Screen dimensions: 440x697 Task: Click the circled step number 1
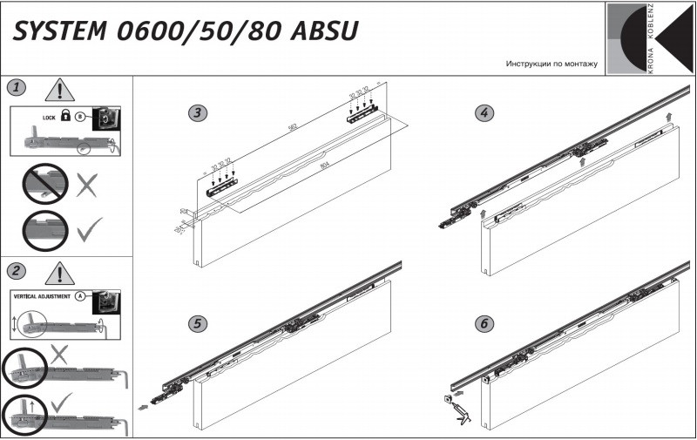click(x=17, y=87)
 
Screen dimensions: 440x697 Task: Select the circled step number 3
click(x=200, y=113)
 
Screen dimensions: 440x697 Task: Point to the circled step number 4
click(x=484, y=113)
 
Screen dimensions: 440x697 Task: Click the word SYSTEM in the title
click(x=58, y=31)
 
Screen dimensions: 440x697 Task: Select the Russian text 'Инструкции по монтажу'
click(x=551, y=65)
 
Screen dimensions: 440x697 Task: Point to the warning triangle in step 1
click(x=59, y=89)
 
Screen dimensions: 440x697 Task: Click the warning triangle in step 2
click(x=59, y=274)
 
